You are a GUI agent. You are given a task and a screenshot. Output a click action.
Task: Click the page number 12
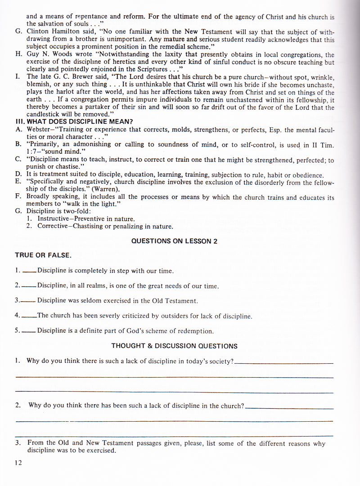click(x=18, y=463)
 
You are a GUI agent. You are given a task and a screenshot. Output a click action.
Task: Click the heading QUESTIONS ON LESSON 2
click(x=174, y=241)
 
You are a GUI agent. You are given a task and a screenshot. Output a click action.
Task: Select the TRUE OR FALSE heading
click(x=43, y=255)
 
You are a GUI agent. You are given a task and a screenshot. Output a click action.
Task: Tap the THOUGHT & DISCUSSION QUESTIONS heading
click(x=174, y=346)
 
